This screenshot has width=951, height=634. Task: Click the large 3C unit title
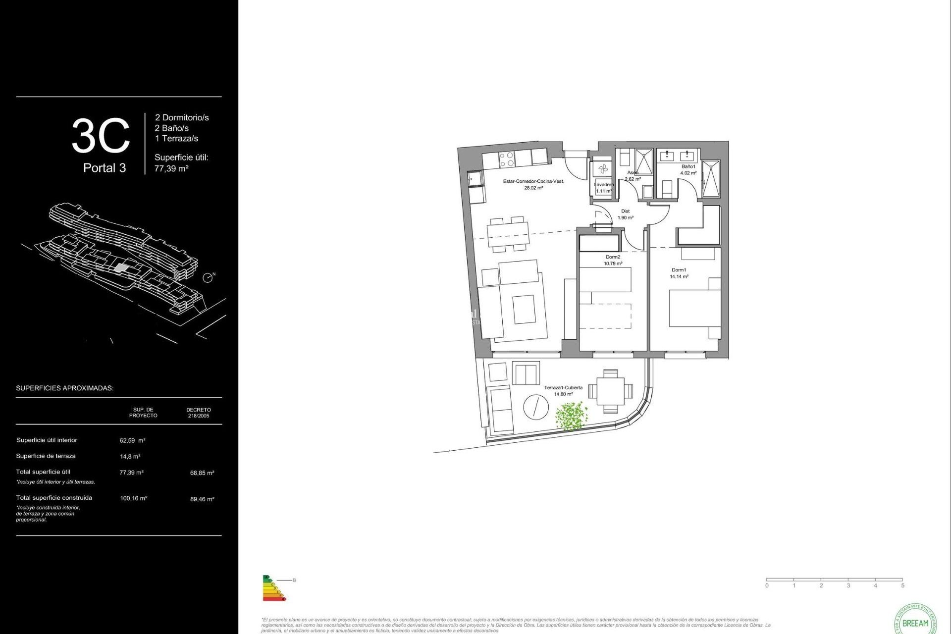click(x=101, y=136)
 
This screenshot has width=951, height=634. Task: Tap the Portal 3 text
click(x=105, y=168)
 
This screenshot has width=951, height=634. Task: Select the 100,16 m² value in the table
click(x=133, y=498)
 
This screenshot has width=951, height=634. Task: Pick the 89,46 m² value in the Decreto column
click(x=202, y=499)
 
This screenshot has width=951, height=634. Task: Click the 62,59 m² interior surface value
click(x=132, y=440)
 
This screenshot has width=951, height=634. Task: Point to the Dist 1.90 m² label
click(x=625, y=214)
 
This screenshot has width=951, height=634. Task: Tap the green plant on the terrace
click(x=571, y=415)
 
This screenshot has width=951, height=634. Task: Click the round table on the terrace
click(x=536, y=407)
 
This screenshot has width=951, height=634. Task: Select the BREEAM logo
click(x=915, y=621)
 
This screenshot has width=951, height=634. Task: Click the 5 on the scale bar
click(x=902, y=585)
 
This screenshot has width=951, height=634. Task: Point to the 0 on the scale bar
click(x=767, y=585)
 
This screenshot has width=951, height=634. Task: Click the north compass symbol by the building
click(x=209, y=277)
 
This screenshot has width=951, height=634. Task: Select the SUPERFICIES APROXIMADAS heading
click(x=64, y=388)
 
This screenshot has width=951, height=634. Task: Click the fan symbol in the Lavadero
click(x=603, y=169)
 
